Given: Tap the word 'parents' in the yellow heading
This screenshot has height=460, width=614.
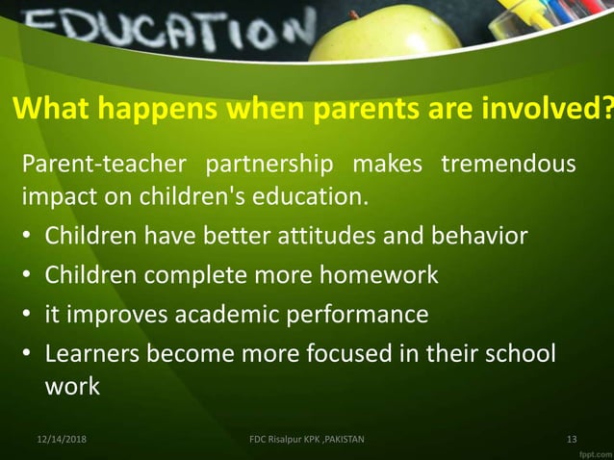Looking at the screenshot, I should [359, 111].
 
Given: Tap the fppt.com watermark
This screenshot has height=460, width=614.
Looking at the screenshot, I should [588, 451].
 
